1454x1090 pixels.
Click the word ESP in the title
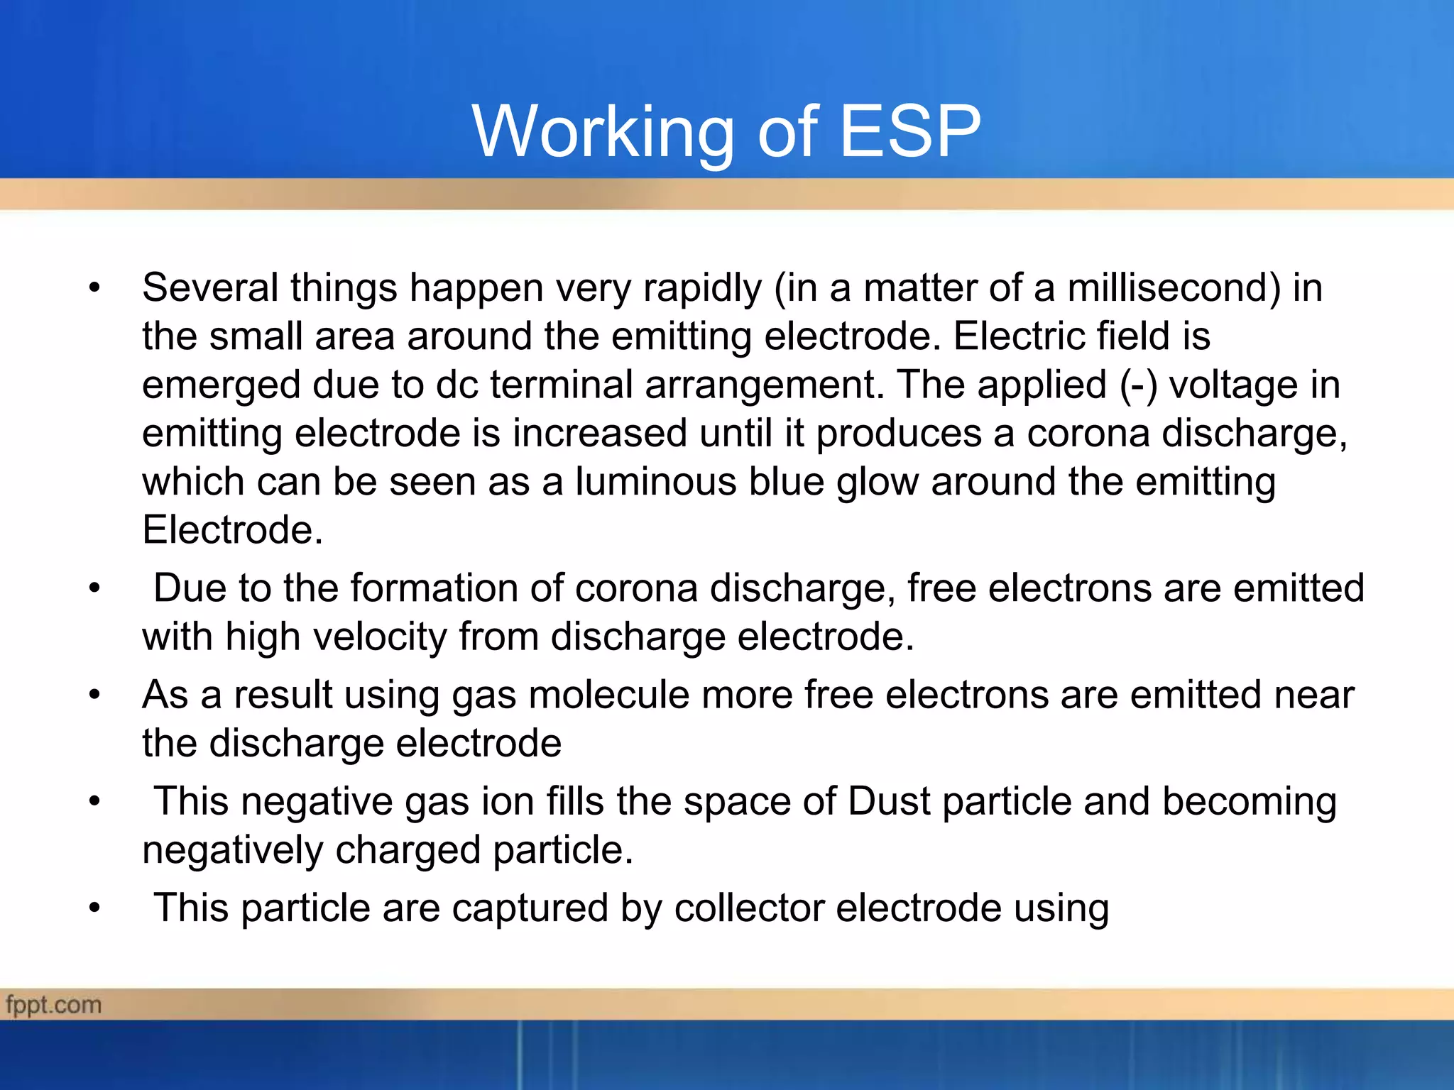(910, 131)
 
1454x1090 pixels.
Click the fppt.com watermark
(54, 1005)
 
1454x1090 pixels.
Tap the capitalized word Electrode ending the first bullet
(232, 530)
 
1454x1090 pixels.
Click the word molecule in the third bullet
(608, 695)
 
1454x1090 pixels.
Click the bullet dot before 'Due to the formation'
(95, 589)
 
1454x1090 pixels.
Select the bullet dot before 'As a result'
(95, 695)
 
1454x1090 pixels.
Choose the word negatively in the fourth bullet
(232, 851)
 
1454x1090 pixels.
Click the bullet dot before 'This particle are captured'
(95, 909)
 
